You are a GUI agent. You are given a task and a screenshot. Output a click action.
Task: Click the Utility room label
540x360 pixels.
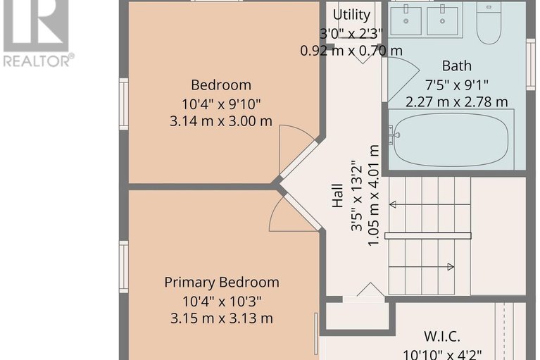click(351, 15)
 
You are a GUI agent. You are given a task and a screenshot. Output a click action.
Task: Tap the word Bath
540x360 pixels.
click(457, 66)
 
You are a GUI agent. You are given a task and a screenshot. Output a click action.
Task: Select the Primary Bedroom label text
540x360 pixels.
click(222, 283)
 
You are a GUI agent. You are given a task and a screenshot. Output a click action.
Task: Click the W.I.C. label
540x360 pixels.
click(442, 336)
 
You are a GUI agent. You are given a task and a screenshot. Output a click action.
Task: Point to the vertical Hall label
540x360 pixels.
click(338, 196)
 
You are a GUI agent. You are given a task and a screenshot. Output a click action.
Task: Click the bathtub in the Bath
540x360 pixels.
click(451, 140)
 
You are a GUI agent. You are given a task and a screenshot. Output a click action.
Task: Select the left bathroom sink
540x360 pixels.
click(406, 20)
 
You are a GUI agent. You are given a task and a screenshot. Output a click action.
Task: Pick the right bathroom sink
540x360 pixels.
click(443, 20)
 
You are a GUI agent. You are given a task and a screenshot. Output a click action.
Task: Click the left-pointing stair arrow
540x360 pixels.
click(429, 204)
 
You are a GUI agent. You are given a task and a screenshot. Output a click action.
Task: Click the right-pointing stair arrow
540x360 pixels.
click(421, 266)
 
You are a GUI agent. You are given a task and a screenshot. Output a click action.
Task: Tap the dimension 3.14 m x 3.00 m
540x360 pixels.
click(221, 121)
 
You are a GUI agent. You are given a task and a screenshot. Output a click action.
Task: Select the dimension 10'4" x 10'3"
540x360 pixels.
click(222, 302)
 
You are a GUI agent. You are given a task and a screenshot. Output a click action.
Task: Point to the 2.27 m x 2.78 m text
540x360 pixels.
click(457, 102)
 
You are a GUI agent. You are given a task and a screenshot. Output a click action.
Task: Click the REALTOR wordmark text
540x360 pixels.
click(39, 61)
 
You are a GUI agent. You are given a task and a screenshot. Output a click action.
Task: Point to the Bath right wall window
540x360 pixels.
click(531, 64)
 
